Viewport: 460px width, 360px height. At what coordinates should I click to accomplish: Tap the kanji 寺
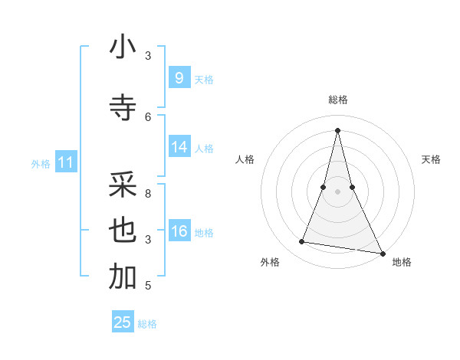123,108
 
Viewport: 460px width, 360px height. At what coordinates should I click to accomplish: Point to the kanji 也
123,231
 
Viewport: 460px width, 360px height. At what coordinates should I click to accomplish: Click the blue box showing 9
179,78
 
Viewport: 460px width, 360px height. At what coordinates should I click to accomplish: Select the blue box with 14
179,147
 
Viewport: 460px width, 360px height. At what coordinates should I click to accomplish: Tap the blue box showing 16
179,231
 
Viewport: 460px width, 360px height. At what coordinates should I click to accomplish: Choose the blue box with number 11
65,162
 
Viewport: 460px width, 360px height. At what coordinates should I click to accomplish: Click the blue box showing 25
123,322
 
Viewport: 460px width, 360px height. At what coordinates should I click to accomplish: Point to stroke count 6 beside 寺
148,116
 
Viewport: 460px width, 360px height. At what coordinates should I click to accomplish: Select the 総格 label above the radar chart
337,100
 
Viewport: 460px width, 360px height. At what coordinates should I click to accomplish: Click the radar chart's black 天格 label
431,159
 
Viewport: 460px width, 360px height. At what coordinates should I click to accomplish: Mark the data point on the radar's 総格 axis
337,129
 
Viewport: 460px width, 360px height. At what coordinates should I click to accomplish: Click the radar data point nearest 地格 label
382,254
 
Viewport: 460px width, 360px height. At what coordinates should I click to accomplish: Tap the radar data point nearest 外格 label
302,242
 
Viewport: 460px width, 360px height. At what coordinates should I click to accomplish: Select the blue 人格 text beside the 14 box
204,148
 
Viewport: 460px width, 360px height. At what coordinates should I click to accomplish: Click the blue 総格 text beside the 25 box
147,324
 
